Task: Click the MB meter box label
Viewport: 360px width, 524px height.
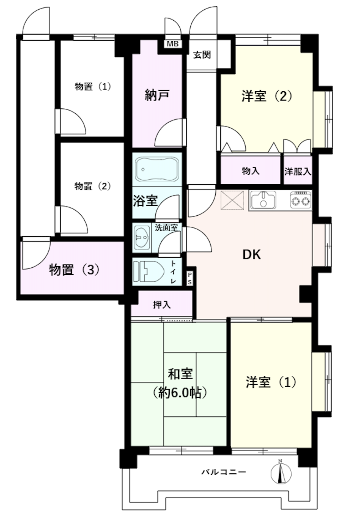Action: (173, 44)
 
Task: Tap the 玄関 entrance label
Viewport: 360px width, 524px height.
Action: (202, 55)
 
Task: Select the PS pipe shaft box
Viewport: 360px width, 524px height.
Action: (190, 278)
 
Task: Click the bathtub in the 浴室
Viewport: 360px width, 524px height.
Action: (157, 169)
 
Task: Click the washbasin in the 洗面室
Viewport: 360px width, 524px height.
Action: (142, 238)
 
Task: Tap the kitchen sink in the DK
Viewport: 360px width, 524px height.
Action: (263, 200)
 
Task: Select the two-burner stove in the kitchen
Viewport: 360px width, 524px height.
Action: (301, 200)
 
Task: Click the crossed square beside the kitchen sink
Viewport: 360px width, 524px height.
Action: (232, 200)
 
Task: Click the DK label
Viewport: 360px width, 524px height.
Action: (252, 255)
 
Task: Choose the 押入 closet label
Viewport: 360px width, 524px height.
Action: (162, 305)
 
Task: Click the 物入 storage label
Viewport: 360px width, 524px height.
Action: (251, 171)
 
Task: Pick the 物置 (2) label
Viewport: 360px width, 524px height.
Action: (93, 186)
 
